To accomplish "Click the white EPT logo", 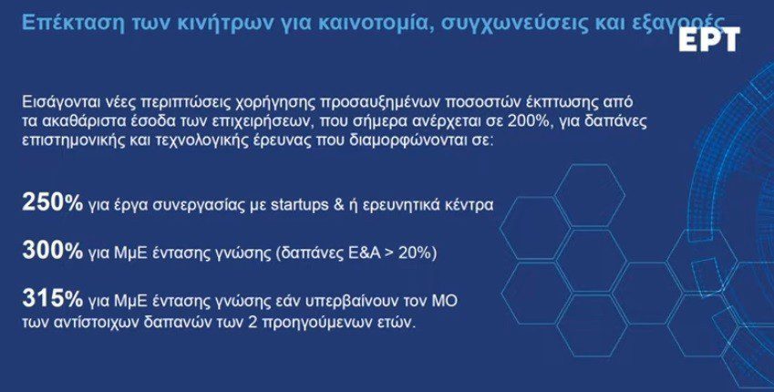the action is pyautogui.click(x=709, y=39).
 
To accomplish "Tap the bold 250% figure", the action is pyautogui.click(x=52, y=203).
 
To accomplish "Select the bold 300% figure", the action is pyautogui.click(x=52, y=252).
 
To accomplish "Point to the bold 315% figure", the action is pyautogui.click(x=52, y=299).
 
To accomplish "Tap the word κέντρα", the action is pyautogui.click(x=471, y=205).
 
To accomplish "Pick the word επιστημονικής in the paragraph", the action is pyautogui.click(x=67, y=139).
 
